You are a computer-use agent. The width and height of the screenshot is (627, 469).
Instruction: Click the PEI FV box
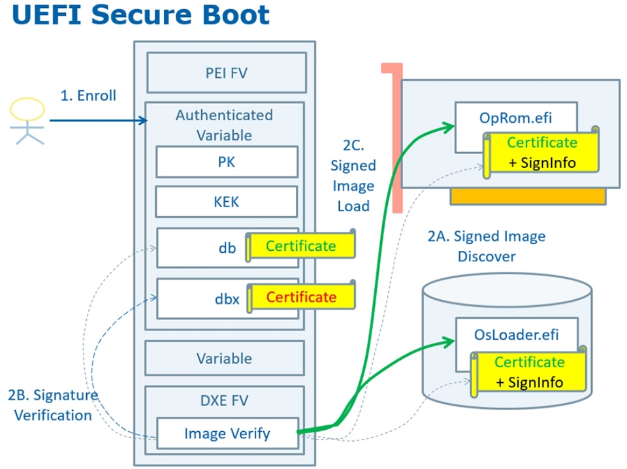(x=226, y=73)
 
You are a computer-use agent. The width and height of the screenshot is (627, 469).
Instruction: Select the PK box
(x=227, y=162)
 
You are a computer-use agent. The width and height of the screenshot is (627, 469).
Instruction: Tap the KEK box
(x=227, y=202)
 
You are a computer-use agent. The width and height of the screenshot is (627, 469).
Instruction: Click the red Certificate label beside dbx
(x=301, y=297)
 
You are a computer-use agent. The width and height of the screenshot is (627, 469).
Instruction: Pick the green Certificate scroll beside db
(x=301, y=246)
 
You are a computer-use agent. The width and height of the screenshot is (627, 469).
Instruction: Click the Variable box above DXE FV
(x=224, y=358)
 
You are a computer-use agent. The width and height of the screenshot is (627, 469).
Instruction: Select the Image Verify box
(x=227, y=433)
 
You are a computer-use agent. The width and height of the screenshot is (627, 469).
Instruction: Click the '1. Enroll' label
(x=88, y=95)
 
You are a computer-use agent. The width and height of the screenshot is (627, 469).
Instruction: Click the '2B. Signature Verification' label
(x=52, y=404)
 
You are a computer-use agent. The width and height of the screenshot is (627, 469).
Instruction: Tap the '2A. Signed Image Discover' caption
(x=486, y=246)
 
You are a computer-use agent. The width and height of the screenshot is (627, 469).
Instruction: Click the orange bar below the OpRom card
(x=528, y=197)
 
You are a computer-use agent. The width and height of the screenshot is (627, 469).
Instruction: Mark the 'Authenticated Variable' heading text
(x=224, y=125)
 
